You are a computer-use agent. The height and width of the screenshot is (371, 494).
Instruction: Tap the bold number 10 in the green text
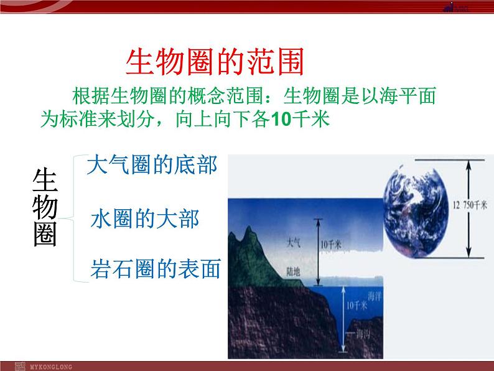click(282, 119)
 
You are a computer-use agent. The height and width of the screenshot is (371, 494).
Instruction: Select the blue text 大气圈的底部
click(152, 166)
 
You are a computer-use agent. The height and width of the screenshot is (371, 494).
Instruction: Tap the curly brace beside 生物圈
click(78, 218)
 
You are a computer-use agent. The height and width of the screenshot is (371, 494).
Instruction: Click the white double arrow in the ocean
click(343, 321)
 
